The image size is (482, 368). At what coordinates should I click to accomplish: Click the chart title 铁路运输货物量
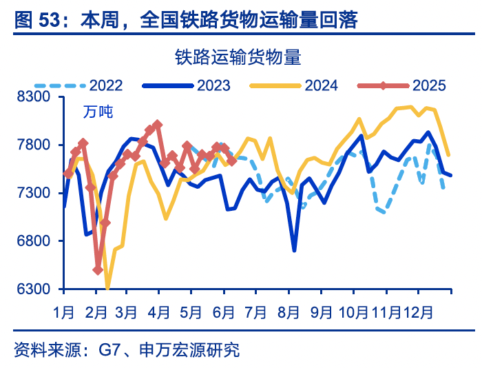tap(238, 56)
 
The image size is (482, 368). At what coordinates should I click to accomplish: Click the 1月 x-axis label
tap(64, 311)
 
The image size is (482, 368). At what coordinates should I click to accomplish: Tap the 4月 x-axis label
tap(159, 311)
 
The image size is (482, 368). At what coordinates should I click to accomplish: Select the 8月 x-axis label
tap(290, 311)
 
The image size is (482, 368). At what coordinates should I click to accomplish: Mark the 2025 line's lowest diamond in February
tap(98, 270)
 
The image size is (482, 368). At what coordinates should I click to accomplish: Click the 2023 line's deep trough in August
tap(294, 249)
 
